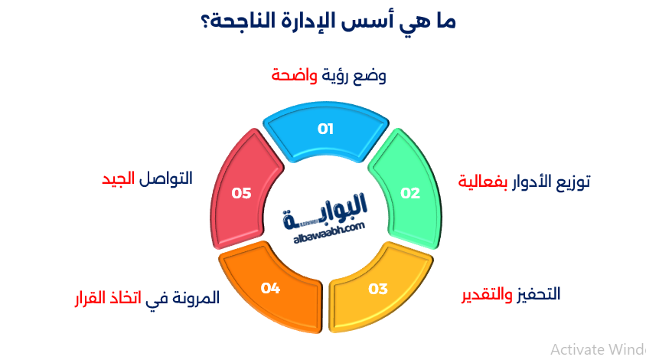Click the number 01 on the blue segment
coord(326,129)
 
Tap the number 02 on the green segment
coord(411,193)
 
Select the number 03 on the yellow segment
coord(378,289)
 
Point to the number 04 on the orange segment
coord(270,288)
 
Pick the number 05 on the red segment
coord(242,193)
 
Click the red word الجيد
coord(119,178)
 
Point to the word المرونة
coord(195,297)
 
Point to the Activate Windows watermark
coord(597,349)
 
